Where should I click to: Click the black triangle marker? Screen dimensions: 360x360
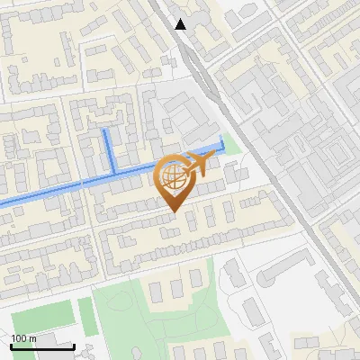pos(181,24)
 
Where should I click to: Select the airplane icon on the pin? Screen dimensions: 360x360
pos(195,164)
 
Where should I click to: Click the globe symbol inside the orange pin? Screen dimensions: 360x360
pos(172,178)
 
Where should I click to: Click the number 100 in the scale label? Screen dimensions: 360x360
pos(18,337)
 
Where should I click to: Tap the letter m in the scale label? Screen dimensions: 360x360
pos(31,337)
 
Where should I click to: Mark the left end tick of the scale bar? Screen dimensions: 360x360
pos(12,345)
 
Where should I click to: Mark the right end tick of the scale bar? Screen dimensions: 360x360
pos(74,345)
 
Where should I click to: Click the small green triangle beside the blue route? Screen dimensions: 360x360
pos(231,143)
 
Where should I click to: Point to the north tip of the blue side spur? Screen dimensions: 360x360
pos(105,131)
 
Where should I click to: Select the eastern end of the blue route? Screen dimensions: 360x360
pos(222,139)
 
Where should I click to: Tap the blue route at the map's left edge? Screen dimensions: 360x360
pos(3,202)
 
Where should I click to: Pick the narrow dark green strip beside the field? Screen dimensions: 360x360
pos(86,315)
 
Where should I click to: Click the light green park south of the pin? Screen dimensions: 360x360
pos(153,315)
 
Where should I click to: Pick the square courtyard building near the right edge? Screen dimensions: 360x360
pos(324,153)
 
